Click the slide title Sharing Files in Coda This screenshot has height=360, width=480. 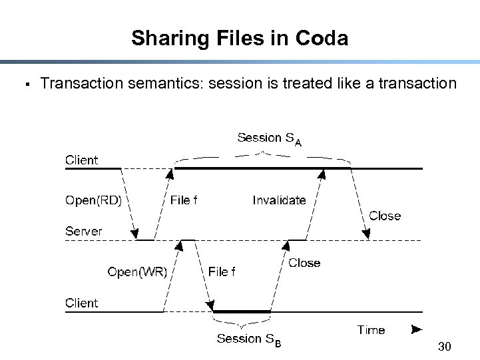point(240,38)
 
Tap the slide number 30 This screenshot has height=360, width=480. point(445,346)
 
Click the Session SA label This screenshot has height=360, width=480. point(269,138)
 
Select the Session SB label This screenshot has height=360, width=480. point(248,339)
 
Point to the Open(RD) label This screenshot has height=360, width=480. point(93,200)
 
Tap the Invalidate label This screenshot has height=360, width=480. point(279,200)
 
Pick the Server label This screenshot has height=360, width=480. point(83,232)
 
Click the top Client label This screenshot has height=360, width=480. point(81,160)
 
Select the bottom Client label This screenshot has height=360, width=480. point(81,303)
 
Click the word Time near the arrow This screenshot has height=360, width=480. point(371,330)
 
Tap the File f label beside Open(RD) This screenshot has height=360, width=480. point(184,200)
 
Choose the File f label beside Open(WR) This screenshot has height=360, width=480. point(222,271)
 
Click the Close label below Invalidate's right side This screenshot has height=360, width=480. point(385,216)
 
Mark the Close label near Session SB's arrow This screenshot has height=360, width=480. point(304,263)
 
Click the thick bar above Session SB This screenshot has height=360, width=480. point(242,311)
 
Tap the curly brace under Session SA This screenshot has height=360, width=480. point(262,155)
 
